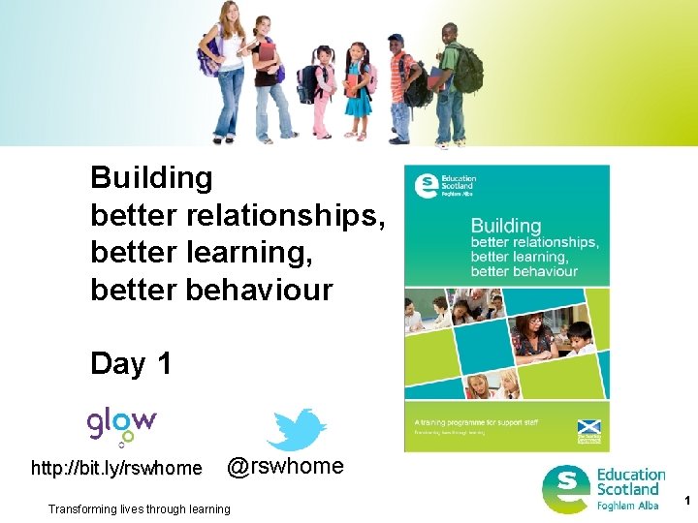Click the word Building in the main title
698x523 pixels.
(151, 178)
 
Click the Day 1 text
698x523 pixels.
(131, 364)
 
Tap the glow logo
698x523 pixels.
(122, 424)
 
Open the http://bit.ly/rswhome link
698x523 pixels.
(117, 470)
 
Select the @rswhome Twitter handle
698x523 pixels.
(285, 467)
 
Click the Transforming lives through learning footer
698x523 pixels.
(140, 509)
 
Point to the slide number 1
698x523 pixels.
(686, 501)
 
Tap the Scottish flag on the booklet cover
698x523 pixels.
(588, 427)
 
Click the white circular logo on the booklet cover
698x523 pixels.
(425, 185)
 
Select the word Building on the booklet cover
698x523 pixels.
(505, 226)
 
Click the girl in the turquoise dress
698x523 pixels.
(358, 92)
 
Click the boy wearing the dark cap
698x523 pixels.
(399, 87)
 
